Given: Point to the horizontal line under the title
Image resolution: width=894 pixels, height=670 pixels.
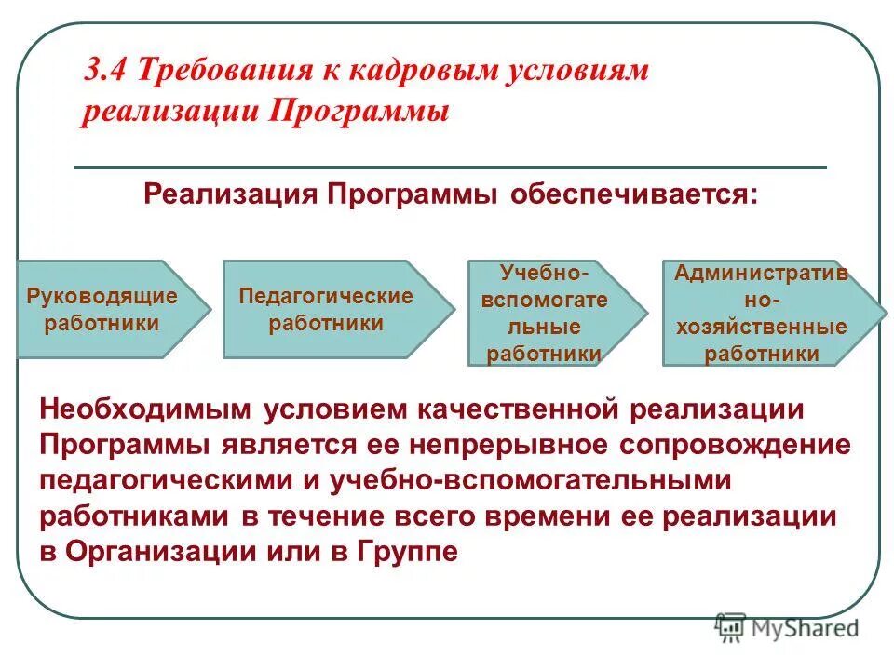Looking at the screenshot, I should [x=450, y=167].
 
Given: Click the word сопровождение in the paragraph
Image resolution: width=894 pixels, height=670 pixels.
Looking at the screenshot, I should [x=735, y=444].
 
